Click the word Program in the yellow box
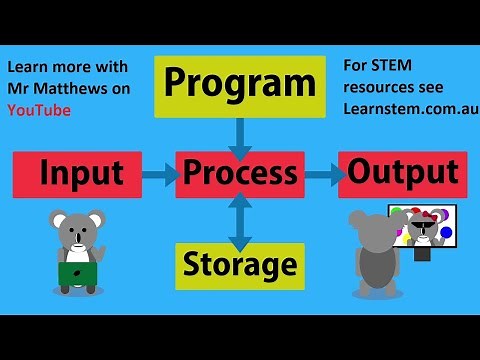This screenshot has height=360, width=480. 240,84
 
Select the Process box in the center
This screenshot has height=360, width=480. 240,174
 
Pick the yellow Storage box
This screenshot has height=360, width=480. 240,265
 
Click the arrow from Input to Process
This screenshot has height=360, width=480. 158,175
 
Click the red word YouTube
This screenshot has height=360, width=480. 39,110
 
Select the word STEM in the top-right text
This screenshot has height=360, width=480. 387,65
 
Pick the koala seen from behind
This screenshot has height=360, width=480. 377,255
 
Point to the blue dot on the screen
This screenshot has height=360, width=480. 447,233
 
